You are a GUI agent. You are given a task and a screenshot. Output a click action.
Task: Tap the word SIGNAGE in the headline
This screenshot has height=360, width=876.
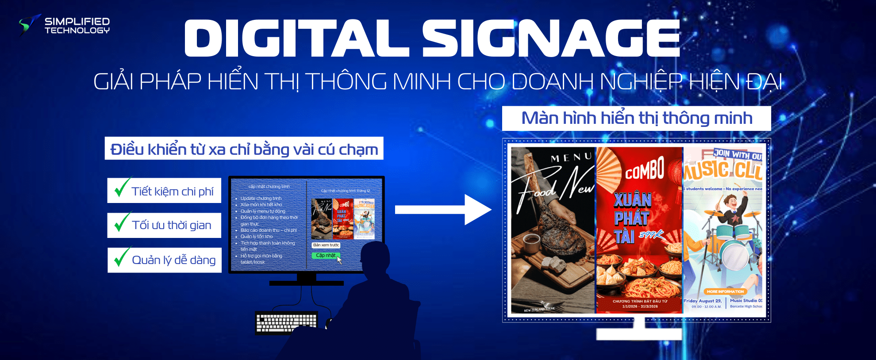[551, 38]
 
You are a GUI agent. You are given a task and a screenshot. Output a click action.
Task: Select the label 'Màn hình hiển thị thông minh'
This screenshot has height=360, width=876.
[636, 119]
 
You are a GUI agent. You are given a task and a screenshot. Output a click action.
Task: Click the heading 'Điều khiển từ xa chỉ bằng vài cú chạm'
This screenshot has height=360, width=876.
[244, 149]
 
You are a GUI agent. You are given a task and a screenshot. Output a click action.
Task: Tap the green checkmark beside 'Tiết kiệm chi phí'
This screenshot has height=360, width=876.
[122, 187]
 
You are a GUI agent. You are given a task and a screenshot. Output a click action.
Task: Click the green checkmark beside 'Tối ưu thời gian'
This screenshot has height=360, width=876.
[122, 222]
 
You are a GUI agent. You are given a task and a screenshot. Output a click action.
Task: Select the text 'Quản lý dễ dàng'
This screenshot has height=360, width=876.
[173, 260]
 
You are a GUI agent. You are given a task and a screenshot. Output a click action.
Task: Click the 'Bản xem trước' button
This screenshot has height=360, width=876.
[326, 245]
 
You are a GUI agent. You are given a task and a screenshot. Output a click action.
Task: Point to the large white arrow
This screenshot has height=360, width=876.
[442, 210]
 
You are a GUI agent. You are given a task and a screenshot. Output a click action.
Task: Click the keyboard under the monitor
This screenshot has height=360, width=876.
[287, 322]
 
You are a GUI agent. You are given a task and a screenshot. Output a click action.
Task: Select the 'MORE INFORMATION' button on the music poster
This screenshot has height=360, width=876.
[725, 291]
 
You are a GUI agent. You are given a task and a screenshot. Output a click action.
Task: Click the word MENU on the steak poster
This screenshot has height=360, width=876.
[571, 157]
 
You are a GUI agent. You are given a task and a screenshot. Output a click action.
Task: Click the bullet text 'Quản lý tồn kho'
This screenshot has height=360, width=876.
[257, 237]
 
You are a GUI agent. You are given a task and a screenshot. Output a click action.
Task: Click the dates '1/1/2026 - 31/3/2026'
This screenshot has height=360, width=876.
[640, 306]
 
